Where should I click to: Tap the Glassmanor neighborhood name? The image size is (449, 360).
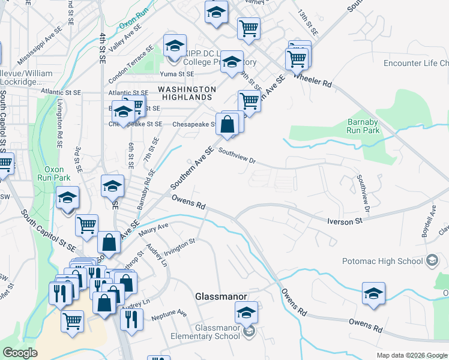(x=220, y=296)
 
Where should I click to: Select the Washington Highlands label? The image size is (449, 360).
(x=185, y=92)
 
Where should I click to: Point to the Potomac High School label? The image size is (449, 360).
(x=382, y=261)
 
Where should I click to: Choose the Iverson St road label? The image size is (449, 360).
(x=345, y=221)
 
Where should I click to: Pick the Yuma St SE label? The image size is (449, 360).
(x=176, y=74)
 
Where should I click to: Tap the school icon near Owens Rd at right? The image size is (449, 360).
(x=373, y=293)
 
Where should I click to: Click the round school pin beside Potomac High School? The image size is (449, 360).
(x=432, y=261)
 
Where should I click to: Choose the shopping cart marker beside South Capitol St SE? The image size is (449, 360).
(x=87, y=226)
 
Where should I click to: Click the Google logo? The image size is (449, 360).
(x=20, y=353)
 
